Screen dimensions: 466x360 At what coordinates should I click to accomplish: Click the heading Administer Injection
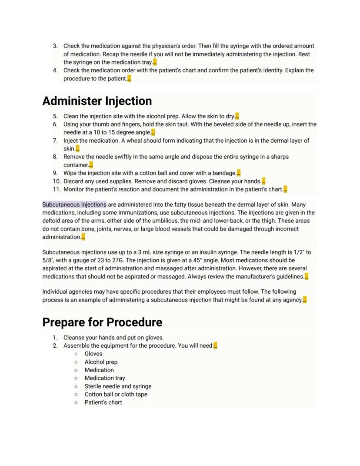[97, 101]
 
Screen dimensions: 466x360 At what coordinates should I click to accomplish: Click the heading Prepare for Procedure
[102, 322]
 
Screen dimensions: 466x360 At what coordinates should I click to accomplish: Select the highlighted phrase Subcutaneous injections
[74, 205]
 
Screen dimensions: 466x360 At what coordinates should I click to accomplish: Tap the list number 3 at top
[55, 46]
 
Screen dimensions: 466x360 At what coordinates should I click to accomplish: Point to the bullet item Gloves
[93, 354]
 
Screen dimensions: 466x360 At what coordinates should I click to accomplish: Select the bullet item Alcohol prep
[101, 362]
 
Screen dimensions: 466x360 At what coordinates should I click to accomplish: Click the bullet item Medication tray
[105, 378]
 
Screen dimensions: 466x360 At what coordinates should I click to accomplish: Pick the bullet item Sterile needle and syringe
[118, 386]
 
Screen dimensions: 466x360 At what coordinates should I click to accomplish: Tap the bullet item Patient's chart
[103, 402]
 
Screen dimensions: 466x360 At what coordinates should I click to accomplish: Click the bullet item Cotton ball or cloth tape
[116, 395]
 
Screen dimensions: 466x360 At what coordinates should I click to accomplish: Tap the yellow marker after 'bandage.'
[239, 173]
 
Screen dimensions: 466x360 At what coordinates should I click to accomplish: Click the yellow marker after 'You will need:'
[216, 346]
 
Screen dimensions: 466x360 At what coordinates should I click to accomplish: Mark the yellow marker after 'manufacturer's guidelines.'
[307, 277]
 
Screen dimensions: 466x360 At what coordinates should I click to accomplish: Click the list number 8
[55, 157]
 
